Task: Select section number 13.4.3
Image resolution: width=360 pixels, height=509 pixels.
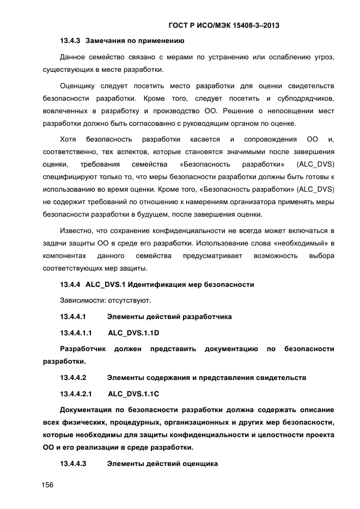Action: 70,40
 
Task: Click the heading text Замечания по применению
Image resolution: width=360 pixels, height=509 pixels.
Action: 135,40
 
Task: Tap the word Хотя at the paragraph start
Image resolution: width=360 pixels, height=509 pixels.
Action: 68,139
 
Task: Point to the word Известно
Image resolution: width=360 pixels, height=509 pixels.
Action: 76,231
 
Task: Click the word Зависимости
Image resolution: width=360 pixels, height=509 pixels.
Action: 82,300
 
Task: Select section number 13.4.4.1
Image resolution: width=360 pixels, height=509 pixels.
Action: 74,316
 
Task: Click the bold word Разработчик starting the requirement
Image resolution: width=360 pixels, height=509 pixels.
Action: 82,348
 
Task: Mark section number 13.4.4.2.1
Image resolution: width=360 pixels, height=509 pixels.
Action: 76,393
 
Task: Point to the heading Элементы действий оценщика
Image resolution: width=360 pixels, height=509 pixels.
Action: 162,463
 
